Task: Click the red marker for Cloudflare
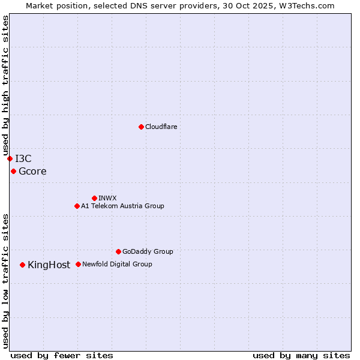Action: click(x=141, y=127)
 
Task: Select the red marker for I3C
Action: click(x=10, y=158)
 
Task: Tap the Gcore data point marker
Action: click(x=13, y=171)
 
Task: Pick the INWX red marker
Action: click(x=94, y=198)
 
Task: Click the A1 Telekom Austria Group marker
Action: click(x=77, y=206)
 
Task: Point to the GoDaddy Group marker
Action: click(x=118, y=251)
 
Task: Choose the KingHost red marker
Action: click(x=22, y=265)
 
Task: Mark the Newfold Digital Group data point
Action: click(x=78, y=264)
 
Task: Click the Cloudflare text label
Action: click(x=161, y=127)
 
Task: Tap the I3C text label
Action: click(x=23, y=158)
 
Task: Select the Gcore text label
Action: click(x=32, y=172)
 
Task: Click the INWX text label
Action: click(x=107, y=198)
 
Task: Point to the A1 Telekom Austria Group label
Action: click(x=122, y=206)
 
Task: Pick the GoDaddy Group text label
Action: click(x=148, y=251)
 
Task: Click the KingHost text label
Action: click(x=49, y=265)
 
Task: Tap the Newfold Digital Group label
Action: click(x=117, y=264)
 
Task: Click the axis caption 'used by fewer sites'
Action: click(x=62, y=355)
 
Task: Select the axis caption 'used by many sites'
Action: click(x=301, y=355)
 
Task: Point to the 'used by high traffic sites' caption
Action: click(x=5, y=84)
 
